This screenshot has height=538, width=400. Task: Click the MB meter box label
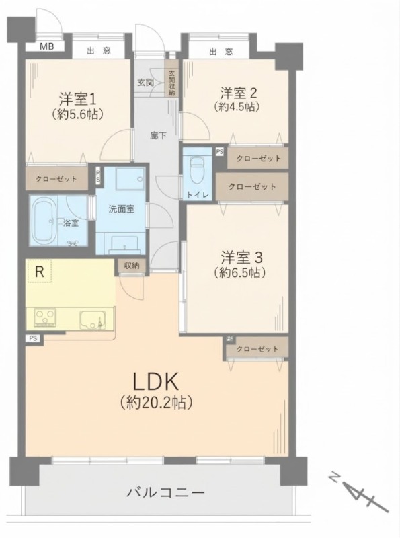click(x=46, y=46)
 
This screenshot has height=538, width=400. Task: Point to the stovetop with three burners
click(x=45, y=317)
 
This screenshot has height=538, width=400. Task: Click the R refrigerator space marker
click(x=40, y=272)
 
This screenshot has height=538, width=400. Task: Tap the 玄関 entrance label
click(x=145, y=83)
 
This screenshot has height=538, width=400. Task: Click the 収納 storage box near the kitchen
click(x=132, y=266)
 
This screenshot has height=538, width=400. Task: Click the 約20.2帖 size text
click(x=156, y=402)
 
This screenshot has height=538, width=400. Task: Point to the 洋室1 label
click(x=77, y=99)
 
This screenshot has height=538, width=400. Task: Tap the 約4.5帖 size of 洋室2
click(x=237, y=107)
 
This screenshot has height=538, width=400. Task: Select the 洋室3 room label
click(x=241, y=257)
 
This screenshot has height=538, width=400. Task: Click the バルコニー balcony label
click(x=166, y=493)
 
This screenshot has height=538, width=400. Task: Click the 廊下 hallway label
click(x=158, y=136)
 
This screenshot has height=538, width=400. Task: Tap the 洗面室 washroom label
click(x=122, y=209)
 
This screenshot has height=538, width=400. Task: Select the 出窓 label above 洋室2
click(x=221, y=52)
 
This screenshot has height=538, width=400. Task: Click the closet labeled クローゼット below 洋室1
click(x=57, y=178)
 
